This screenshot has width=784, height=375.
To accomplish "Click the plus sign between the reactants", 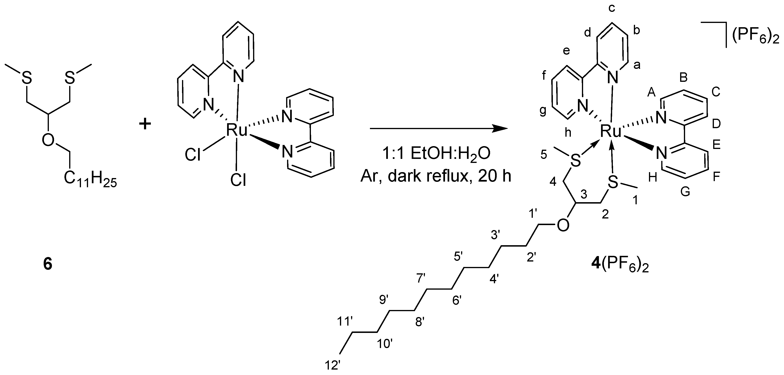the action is coord(145,124).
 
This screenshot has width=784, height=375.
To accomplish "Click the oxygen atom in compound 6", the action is coord(48,140).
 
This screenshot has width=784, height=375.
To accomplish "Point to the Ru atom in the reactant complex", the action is coord(237,130).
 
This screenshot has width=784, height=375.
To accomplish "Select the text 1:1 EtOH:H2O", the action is coord(436,154).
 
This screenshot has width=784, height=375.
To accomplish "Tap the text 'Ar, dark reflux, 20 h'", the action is coord(436,176).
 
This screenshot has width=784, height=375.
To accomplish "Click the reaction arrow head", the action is coord(501,129).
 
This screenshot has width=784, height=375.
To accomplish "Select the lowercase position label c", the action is coord(612,8).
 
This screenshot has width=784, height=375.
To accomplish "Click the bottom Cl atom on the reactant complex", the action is coord(238,180).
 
